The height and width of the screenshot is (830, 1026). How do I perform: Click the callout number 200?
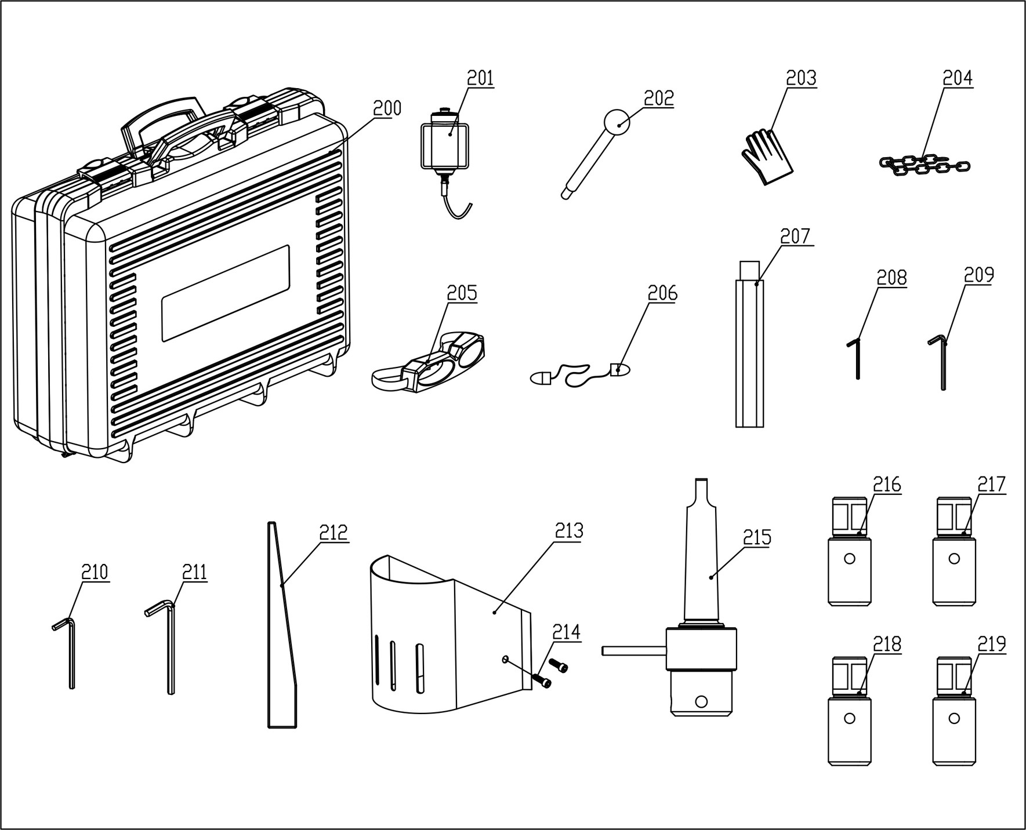tap(387, 108)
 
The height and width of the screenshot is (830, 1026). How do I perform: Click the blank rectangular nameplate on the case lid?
tap(225, 293)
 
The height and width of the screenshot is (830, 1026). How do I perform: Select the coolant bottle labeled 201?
tap(444, 163)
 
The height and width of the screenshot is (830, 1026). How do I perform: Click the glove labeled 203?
tap(767, 157)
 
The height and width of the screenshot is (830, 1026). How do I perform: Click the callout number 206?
tap(662, 293)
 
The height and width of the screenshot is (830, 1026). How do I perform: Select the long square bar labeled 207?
tap(749, 344)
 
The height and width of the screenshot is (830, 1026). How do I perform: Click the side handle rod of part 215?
tap(634, 651)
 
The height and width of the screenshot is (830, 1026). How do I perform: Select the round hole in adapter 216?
tap(850, 559)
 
